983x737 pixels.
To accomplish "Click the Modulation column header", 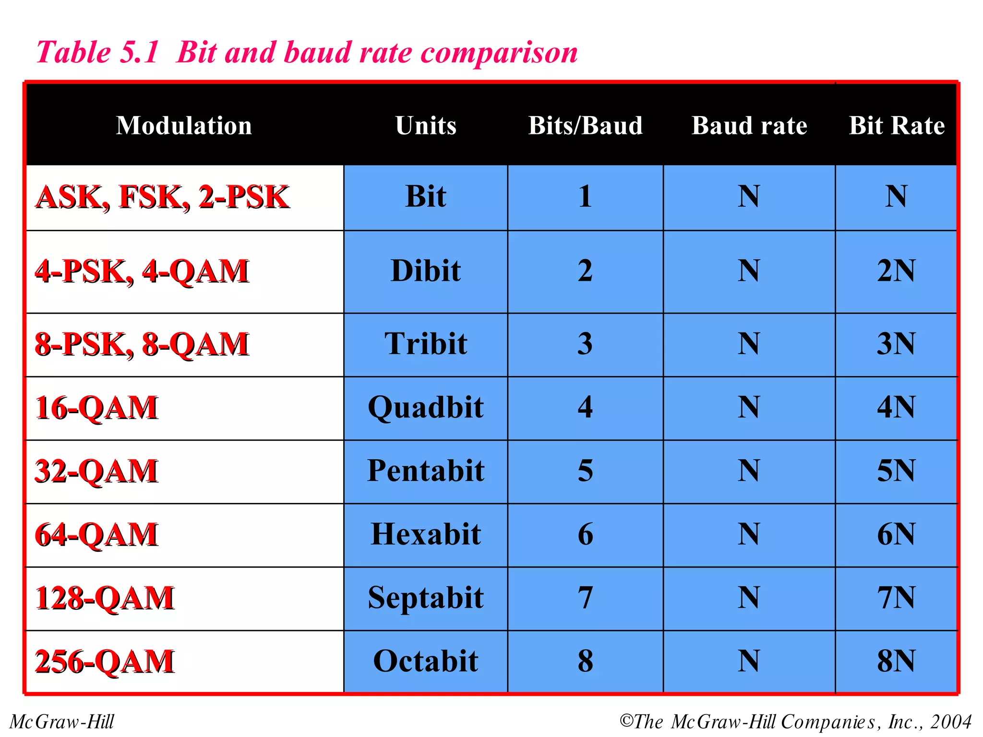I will (184, 126).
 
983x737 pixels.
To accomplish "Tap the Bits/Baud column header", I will (585, 126).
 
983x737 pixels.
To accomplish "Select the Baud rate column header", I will (749, 126).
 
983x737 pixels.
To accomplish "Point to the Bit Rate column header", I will (897, 126).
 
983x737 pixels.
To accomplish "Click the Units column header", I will (426, 126).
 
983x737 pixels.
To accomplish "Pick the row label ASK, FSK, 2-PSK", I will (162, 197).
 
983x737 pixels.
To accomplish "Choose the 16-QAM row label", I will (96, 408).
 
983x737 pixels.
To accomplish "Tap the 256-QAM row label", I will (105, 661).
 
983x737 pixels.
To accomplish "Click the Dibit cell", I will (426, 271).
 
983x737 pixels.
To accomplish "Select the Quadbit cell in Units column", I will (426, 407).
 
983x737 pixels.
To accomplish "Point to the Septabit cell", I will (426, 598).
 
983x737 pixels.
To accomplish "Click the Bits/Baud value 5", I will (585, 471).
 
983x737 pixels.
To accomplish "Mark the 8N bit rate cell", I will (896, 661).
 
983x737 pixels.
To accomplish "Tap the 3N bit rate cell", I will (896, 344).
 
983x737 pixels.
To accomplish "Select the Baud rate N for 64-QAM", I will (749, 534).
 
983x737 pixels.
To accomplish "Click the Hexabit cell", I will (426, 534).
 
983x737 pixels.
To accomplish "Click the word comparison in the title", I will (499, 53).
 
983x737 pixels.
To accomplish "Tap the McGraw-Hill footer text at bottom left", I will (62, 722).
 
